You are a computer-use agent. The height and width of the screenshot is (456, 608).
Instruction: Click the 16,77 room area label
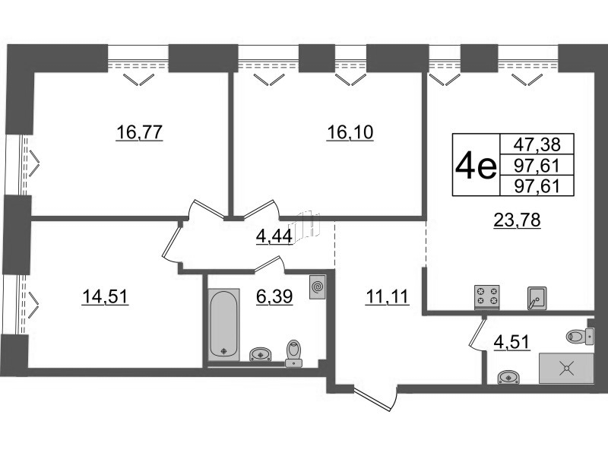pos(139,132)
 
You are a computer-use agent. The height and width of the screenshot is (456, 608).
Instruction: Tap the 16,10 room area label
pos(350,132)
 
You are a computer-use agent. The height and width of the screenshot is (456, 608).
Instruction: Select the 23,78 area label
pos(517,220)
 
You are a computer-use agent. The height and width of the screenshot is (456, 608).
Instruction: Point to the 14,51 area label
pos(105,297)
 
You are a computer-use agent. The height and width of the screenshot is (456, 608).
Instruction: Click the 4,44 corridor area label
pos(274,236)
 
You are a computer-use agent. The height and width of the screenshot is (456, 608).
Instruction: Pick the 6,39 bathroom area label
pos(274,297)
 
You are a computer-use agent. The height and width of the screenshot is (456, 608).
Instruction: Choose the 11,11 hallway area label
pos(388,297)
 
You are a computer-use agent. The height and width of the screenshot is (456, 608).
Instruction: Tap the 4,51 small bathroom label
pos(511,342)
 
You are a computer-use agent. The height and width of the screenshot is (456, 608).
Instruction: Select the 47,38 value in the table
pos(537,144)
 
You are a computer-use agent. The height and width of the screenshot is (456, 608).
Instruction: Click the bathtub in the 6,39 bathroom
pos(223,325)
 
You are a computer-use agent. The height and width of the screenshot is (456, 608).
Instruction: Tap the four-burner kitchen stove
pos(487,297)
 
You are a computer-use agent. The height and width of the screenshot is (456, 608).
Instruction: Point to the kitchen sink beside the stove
pos(537,298)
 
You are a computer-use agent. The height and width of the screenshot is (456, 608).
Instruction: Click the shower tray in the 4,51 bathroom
pos(566,368)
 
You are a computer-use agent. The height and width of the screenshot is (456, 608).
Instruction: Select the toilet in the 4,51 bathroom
pos(580,336)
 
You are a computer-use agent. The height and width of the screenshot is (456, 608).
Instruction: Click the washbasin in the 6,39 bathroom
pos(260,354)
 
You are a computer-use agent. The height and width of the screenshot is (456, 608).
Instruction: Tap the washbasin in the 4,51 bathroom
pos(508,377)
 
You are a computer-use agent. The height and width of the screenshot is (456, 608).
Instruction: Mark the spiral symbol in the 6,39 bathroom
pos(317,287)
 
